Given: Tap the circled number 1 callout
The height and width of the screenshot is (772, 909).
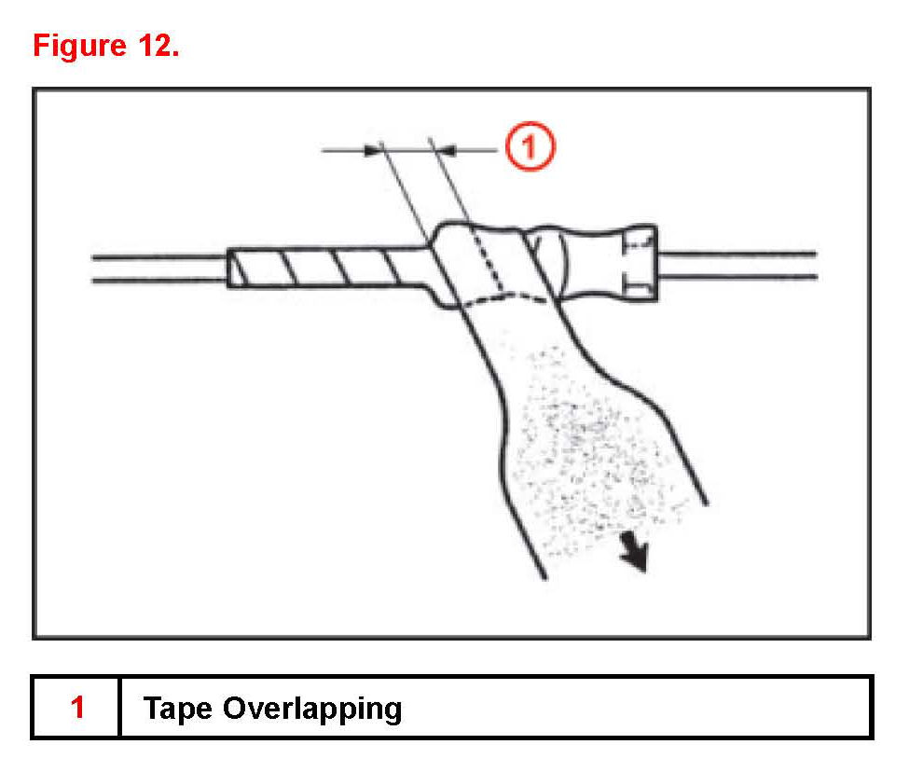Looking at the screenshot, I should tap(530, 147).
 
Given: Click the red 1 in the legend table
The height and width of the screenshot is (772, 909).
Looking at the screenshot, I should tap(77, 708).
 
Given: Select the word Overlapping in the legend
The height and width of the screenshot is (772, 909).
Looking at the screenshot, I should tap(312, 710).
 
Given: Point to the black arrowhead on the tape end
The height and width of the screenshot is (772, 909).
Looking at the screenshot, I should tap(636, 557).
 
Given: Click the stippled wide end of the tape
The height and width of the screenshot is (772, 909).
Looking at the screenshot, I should tap(587, 438).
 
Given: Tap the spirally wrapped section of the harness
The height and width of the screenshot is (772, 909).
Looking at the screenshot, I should tap(326, 268).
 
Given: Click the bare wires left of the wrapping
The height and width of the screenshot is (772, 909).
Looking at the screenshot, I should tap(158, 268).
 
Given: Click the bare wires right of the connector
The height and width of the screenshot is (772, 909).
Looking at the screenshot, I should tap(737, 264).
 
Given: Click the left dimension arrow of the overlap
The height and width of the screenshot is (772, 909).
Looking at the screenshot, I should tap(374, 147).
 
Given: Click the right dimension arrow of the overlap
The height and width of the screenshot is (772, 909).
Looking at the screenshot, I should tap(446, 147).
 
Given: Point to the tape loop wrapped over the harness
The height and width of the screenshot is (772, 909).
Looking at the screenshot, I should tap(466, 261).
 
